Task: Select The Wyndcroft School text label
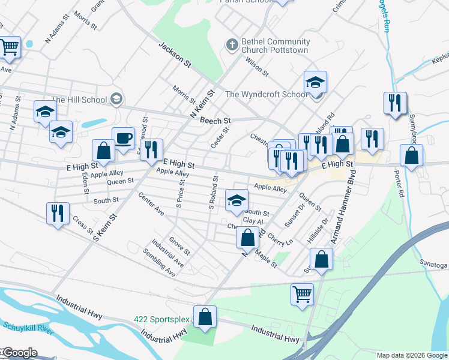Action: pos(267,94)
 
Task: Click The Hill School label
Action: pos(79,100)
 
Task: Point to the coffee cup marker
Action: pos(123,139)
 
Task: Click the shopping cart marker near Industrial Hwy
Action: pos(302,294)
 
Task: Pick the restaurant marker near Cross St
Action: pos(58,214)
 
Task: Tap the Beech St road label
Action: pos(215,120)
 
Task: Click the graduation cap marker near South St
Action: pos(237,200)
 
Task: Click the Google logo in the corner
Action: pos(19,353)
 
